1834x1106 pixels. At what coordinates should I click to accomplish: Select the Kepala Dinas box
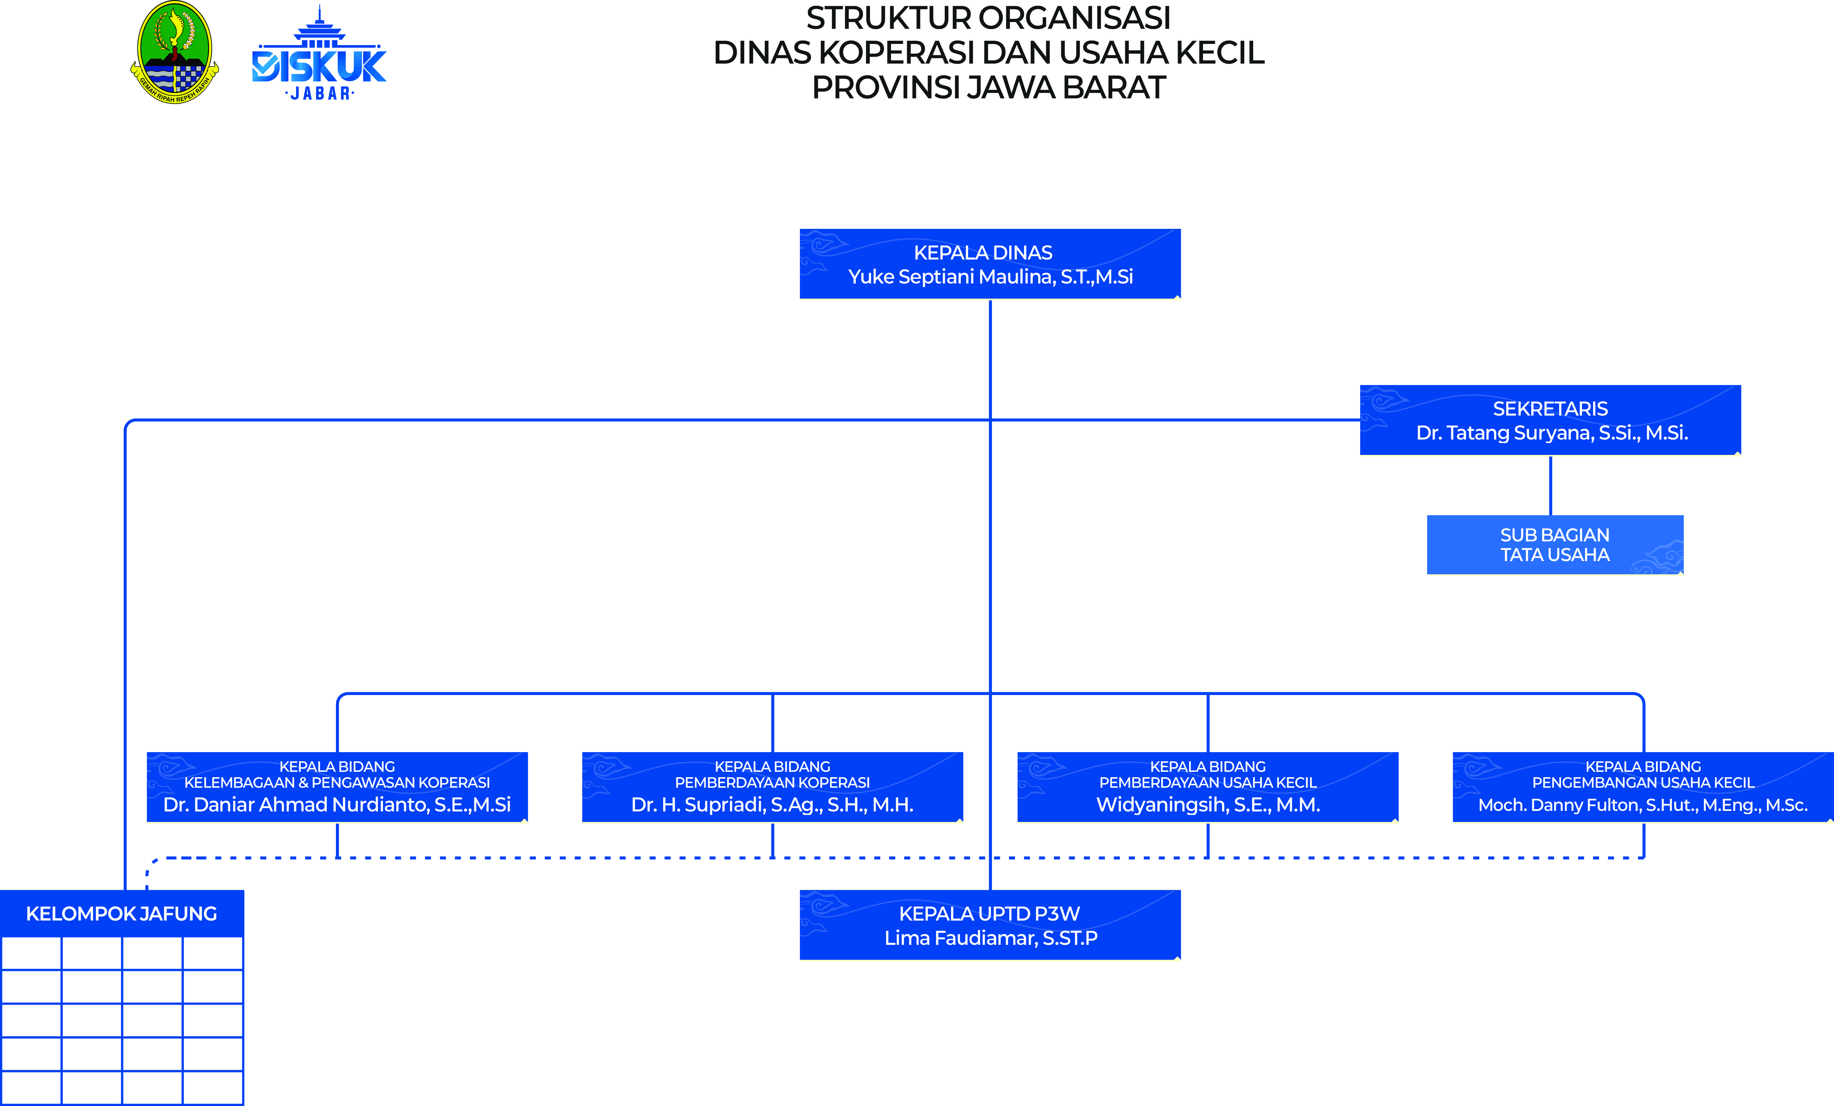pos(990,264)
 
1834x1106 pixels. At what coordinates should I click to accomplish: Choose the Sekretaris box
pos(1550,420)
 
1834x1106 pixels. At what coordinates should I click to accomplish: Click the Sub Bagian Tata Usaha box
pos(1555,545)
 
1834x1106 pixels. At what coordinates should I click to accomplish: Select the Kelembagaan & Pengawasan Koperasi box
pos(337,787)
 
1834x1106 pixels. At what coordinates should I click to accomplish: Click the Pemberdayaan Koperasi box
pos(773,787)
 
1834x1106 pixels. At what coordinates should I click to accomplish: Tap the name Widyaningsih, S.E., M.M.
pos(1208,804)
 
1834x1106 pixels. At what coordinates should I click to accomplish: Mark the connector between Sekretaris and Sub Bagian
pos(1550,485)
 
